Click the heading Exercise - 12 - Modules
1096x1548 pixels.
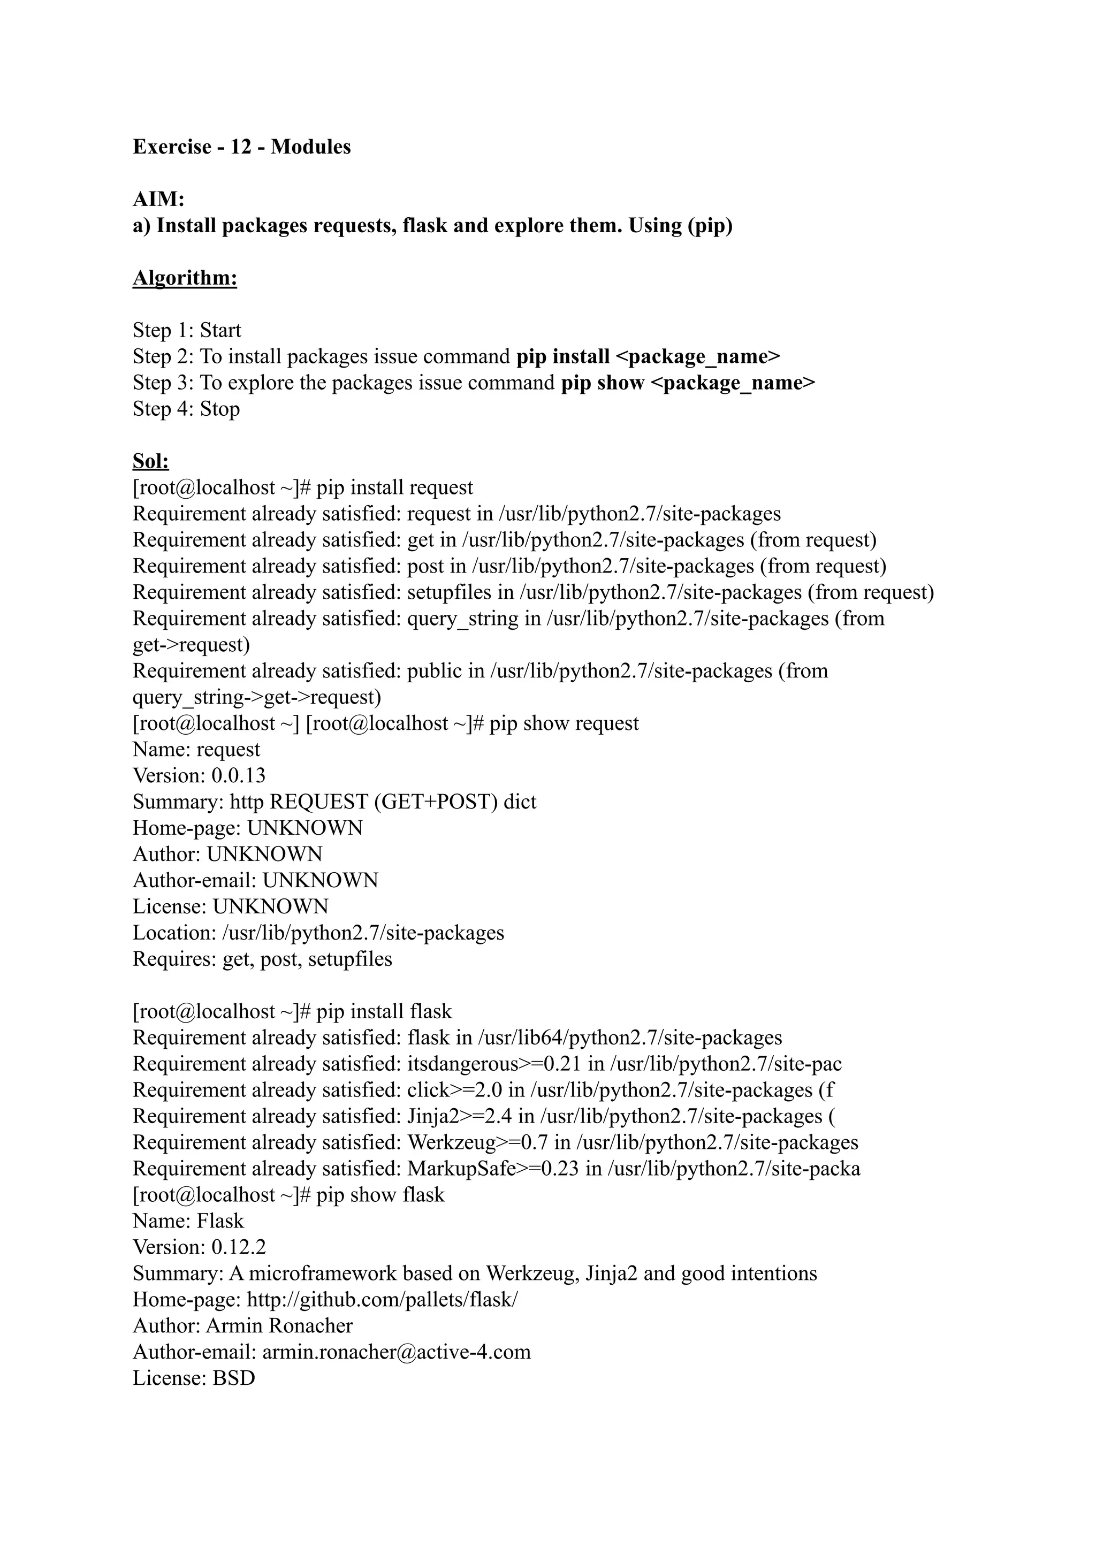241,147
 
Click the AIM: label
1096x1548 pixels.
158,199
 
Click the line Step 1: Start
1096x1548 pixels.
186,330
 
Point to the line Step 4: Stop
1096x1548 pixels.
186,409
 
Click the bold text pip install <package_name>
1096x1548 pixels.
648,356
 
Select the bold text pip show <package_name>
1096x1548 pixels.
688,383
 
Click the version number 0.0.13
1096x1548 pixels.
238,775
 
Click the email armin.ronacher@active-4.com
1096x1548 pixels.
396,1352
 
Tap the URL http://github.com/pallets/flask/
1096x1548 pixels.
383,1299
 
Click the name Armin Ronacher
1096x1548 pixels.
279,1325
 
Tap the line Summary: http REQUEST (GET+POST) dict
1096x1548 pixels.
334,801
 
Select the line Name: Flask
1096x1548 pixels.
188,1220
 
